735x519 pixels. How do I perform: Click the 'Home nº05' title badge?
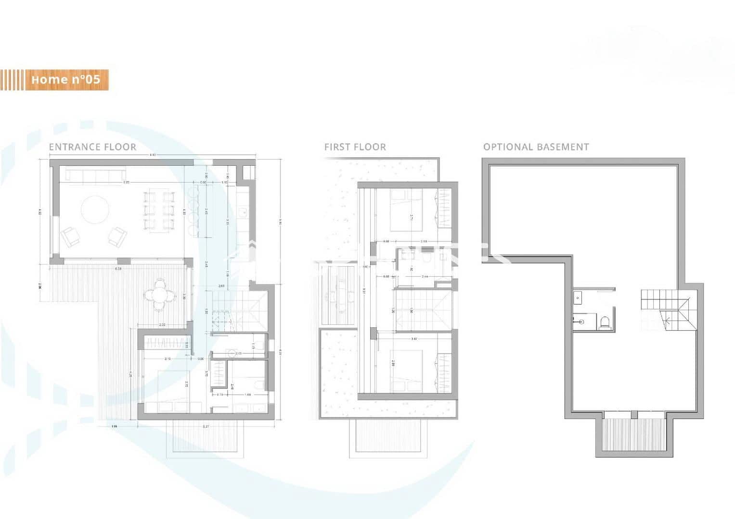click(x=66, y=79)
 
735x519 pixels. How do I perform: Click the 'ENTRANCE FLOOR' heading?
click(x=92, y=147)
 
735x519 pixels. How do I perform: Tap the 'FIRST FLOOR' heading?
click(x=355, y=147)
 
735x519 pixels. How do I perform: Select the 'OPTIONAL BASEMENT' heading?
click(x=536, y=147)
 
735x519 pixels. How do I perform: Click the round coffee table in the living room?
click(x=95, y=210)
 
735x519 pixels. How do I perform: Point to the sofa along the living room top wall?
click(x=96, y=175)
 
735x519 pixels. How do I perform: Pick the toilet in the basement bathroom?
click(x=604, y=321)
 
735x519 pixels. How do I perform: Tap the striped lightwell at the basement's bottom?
click(x=632, y=434)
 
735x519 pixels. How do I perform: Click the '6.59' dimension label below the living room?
click(x=118, y=268)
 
